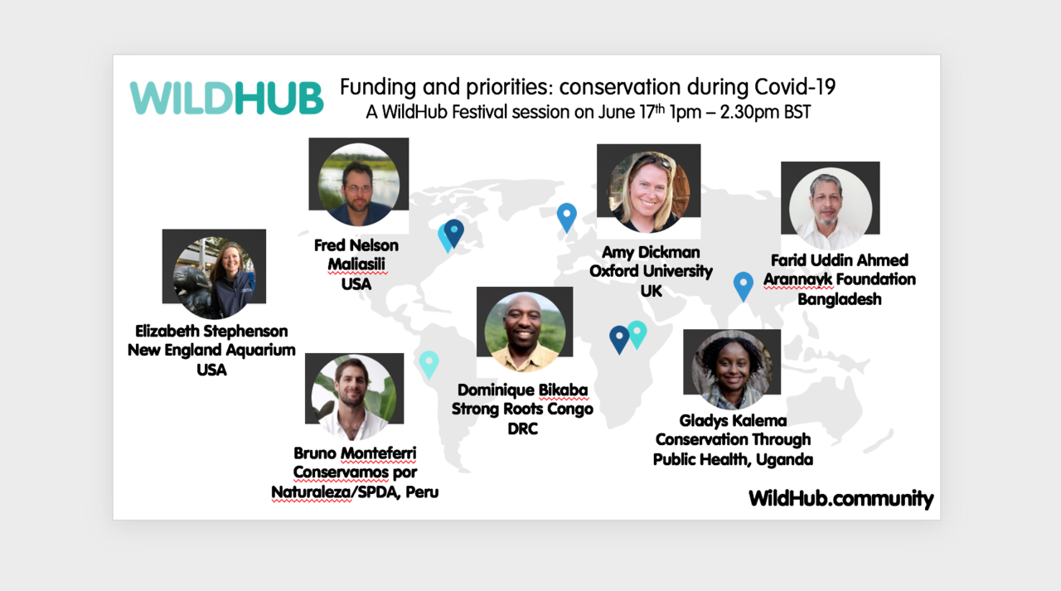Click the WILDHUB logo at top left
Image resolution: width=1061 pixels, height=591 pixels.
point(226,98)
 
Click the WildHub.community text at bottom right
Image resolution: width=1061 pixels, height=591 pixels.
point(841,498)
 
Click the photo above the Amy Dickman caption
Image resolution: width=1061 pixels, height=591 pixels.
point(648,191)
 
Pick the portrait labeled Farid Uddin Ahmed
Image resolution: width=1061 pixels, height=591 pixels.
point(830,207)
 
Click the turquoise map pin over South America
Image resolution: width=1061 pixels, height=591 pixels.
point(429,363)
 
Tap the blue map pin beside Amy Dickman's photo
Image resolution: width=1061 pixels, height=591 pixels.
point(566,216)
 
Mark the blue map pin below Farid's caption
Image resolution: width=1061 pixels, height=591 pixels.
point(744,285)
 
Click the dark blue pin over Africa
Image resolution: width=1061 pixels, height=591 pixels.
point(618,338)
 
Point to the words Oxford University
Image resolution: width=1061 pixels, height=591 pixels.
point(651,271)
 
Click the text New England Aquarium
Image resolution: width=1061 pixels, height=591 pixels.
point(211,350)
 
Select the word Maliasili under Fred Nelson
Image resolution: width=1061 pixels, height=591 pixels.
point(356,264)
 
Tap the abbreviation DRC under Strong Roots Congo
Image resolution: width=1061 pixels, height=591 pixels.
point(522,429)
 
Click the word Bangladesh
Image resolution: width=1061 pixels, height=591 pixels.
point(839,298)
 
